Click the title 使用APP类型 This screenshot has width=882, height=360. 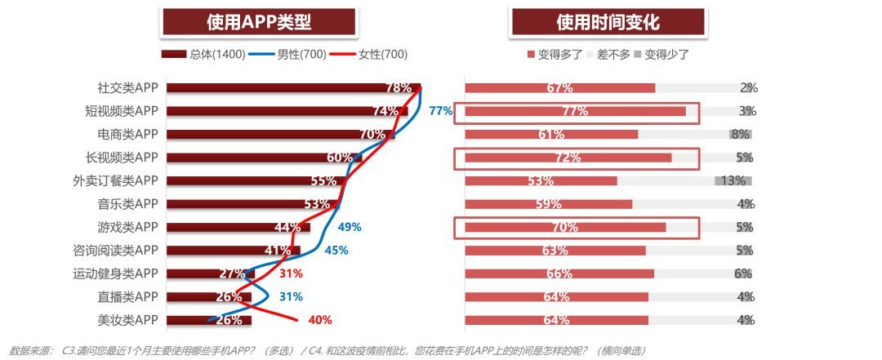coord(259,21)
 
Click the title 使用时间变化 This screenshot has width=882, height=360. coord(608,21)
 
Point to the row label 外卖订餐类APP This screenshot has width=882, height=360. coord(114,180)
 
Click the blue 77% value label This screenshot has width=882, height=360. coord(440,111)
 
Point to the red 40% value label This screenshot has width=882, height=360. coord(319,320)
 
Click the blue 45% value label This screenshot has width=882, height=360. coord(336,251)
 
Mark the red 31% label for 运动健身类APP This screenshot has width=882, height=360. coord(291,273)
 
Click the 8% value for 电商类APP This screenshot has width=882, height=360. coord(741,134)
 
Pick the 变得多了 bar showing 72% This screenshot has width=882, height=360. coord(568,158)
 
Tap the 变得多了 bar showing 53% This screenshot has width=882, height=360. coord(541,180)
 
